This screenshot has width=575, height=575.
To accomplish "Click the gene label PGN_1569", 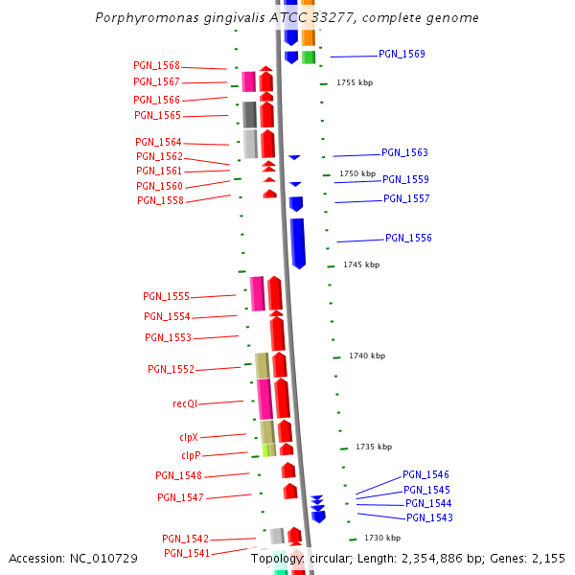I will [x=402, y=55].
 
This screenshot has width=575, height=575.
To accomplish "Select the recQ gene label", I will [x=185, y=403].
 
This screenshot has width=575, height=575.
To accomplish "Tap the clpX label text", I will [x=189, y=437].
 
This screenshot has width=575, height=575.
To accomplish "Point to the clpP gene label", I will [x=191, y=455].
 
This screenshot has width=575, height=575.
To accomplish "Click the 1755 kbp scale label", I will [x=355, y=83].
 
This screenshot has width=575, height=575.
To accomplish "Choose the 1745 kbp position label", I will [x=361, y=264].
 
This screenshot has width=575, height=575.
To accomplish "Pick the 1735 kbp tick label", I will [x=374, y=447].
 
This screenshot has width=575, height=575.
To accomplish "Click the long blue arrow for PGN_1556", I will [x=298, y=241].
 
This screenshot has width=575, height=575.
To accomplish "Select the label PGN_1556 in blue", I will [x=408, y=238].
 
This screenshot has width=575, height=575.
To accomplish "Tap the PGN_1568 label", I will [x=156, y=65].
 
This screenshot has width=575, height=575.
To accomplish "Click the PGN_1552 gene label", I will [x=171, y=369].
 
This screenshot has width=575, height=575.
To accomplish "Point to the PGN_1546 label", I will [x=425, y=474].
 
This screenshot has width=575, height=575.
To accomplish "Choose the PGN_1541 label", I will [x=186, y=553].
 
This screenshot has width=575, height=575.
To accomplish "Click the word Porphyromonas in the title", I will [x=142, y=18].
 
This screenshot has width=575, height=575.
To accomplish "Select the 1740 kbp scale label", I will [x=367, y=356].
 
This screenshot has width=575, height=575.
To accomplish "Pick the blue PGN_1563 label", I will [x=404, y=152].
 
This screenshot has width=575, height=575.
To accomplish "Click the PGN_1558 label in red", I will [x=160, y=200].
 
